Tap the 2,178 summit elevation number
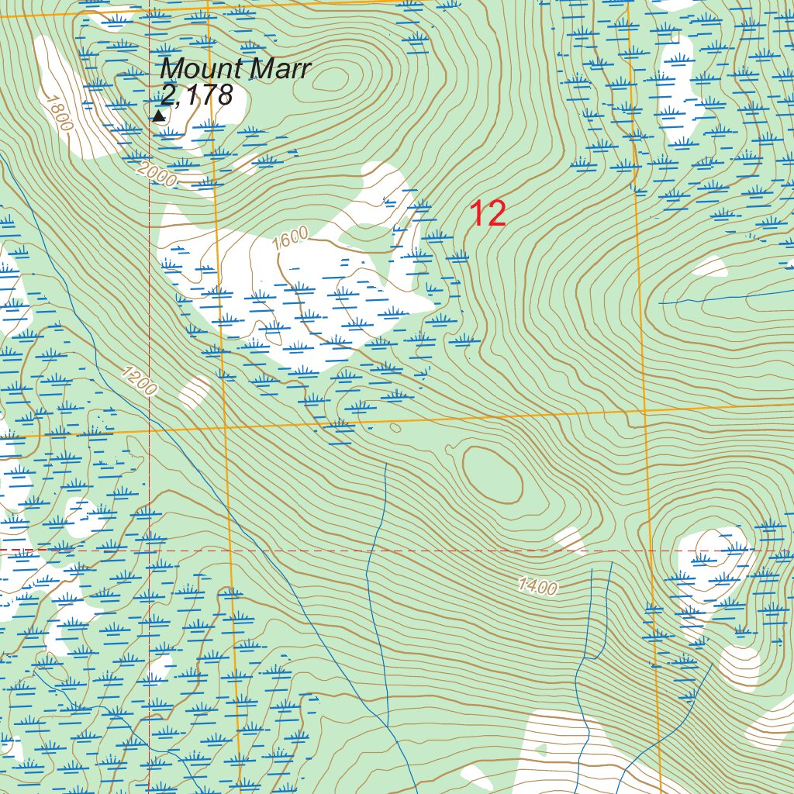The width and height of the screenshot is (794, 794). [196, 95]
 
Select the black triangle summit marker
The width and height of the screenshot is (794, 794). [159, 116]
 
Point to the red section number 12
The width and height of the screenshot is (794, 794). [488, 214]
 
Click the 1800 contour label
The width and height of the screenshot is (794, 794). [58, 112]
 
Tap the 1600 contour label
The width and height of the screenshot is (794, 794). [291, 237]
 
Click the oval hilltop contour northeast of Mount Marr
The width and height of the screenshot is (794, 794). [335, 79]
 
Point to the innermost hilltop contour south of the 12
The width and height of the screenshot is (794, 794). [492, 475]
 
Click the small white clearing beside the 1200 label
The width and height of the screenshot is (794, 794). [195, 392]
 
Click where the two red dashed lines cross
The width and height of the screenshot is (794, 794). [149, 550]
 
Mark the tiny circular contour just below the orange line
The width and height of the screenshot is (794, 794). [395, 427]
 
